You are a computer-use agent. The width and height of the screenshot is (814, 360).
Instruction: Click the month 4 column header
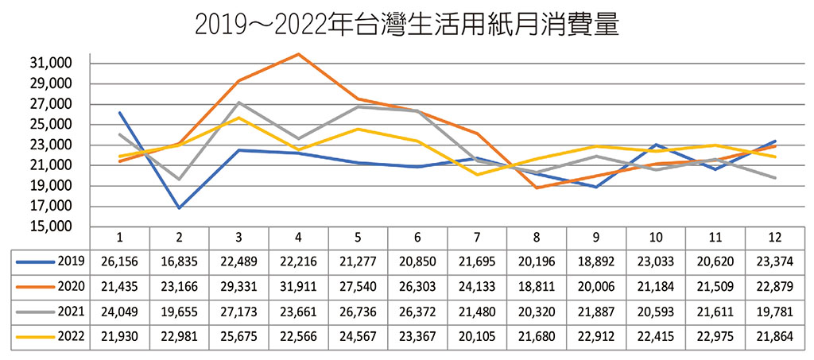[298, 237]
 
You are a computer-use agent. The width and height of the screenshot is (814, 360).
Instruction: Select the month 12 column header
[775, 237]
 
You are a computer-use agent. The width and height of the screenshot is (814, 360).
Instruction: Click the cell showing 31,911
[298, 286]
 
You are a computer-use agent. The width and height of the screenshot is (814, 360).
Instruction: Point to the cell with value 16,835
[179, 261]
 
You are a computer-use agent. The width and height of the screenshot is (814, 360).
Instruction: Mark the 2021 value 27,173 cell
[238, 312]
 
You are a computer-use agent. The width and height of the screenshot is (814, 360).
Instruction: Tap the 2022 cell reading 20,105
[477, 337]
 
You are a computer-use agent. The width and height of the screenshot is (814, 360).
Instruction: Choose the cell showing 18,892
[596, 261]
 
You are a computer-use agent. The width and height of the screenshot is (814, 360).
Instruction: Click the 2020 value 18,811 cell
[537, 286]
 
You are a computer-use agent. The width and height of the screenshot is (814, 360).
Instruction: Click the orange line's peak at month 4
[298, 54]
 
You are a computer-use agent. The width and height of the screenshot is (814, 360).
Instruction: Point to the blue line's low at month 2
[179, 208]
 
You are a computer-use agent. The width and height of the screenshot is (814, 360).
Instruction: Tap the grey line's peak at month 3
[238, 103]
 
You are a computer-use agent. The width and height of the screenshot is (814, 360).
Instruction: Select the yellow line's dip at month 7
[477, 174]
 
